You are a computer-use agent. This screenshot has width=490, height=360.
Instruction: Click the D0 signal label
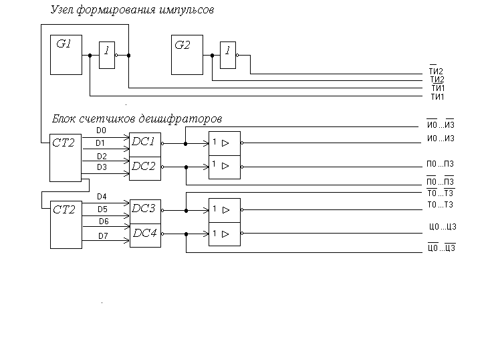(101, 130)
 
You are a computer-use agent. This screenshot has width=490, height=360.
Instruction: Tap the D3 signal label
(102, 167)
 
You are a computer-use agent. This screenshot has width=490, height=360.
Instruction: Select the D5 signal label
(102, 209)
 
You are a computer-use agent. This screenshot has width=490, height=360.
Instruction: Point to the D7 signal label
(103, 236)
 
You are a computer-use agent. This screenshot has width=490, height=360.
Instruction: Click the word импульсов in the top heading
(187, 10)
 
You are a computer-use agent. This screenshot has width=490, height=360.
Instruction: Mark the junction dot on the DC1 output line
(185, 144)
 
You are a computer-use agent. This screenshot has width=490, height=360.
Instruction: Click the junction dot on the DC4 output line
(187, 234)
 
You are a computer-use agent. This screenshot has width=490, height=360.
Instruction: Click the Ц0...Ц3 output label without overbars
(443, 226)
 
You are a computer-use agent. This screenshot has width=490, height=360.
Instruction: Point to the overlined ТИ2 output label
(436, 70)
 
